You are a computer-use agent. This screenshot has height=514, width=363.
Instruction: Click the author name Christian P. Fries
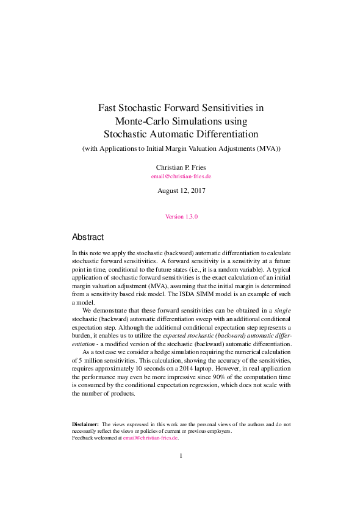[x=181, y=166]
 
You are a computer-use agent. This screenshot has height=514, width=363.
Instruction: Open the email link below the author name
[x=181, y=176]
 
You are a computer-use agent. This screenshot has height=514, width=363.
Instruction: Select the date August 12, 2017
[x=181, y=190]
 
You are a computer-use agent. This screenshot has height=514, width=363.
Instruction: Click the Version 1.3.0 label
[x=181, y=217]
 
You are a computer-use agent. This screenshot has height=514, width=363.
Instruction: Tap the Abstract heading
[x=88, y=237]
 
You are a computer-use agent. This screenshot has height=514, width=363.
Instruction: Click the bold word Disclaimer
[x=85, y=424]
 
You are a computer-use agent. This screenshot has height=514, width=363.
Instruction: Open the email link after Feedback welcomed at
[x=150, y=438]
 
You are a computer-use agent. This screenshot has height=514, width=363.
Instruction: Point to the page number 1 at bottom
[x=181, y=456]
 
